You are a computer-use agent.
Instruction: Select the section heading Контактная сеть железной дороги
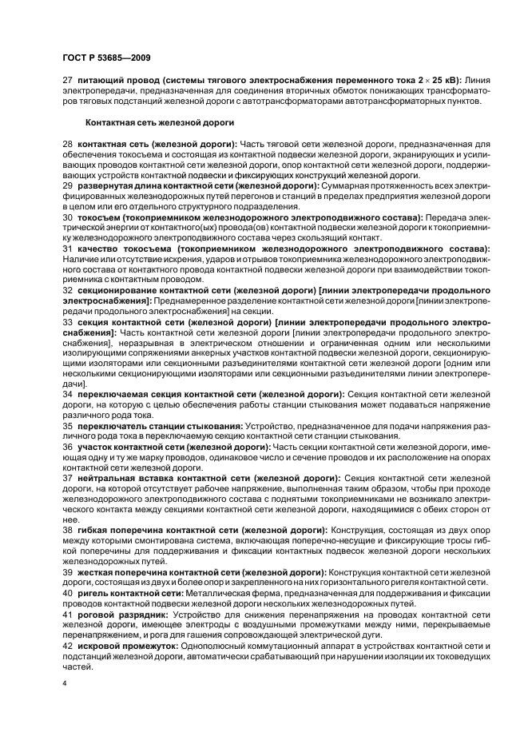click(x=159, y=122)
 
